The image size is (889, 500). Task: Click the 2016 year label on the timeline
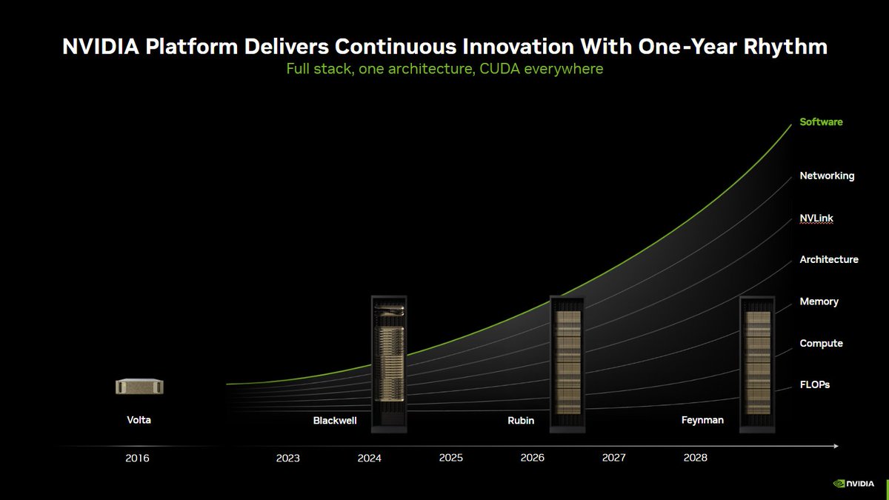[137, 458]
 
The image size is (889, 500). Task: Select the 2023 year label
[287, 458]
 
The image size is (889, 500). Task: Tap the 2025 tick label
[450, 458]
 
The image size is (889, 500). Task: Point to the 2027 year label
[613, 458]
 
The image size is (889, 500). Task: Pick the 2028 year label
[695, 458]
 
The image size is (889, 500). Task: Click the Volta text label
[139, 420]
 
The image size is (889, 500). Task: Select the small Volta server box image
[139, 386]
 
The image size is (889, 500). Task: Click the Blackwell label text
[335, 421]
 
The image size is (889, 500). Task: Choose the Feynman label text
[702, 420]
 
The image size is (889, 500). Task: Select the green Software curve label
[821, 121]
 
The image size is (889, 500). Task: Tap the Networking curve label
[827, 176]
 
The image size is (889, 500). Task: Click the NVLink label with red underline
[816, 219]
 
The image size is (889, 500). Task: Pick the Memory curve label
[819, 301]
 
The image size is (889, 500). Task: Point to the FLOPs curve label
[816, 385]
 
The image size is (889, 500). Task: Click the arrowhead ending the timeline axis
[835, 446]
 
